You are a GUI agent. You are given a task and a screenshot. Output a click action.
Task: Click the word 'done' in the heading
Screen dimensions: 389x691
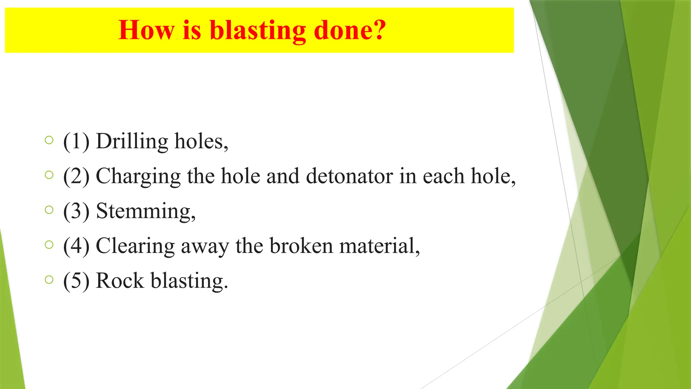click(343, 30)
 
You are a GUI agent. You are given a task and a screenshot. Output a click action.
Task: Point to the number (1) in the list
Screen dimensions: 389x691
click(76, 141)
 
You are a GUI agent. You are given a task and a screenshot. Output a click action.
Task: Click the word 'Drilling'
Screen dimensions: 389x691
click(132, 141)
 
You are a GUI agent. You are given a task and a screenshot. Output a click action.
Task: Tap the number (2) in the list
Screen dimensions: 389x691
click(76, 176)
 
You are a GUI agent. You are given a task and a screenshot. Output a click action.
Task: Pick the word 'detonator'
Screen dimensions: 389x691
click(349, 176)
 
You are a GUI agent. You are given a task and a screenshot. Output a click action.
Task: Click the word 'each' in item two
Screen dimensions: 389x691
click(444, 176)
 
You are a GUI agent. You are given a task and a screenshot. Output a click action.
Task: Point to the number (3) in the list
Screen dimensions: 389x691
click(76, 211)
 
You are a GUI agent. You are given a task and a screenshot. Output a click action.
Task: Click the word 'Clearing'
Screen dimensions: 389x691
click(135, 246)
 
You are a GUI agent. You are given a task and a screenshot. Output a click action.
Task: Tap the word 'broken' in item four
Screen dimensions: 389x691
click(301, 246)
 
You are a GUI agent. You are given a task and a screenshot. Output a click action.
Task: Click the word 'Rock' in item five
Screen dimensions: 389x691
click(120, 281)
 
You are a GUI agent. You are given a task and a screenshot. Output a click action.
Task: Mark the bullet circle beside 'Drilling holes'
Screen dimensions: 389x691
click(49, 140)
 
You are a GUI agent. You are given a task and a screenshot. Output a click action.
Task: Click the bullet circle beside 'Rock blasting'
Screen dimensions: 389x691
click(49, 280)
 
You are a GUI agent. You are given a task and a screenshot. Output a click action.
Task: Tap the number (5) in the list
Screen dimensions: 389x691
click(76, 281)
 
